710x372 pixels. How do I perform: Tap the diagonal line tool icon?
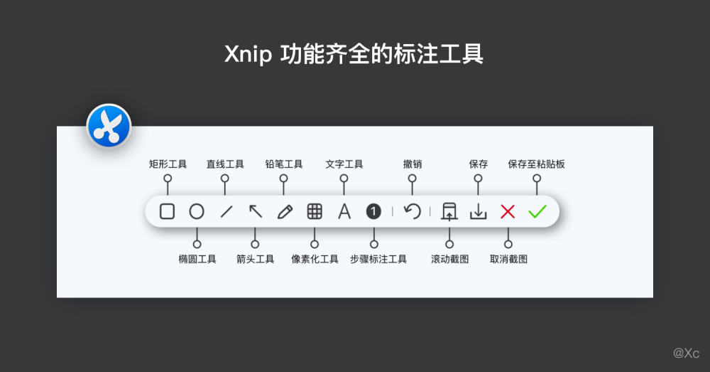[226, 211]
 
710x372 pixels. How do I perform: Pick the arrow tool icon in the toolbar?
[256, 211]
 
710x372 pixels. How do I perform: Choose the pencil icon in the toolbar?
[285, 211]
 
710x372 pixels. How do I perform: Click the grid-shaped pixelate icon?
[315, 211]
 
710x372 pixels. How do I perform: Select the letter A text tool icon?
[344, 211]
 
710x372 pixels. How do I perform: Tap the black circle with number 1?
[373, 211]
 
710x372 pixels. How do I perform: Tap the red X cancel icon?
[508, 211]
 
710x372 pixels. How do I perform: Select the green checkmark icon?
[537, 211]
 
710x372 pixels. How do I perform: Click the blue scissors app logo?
[109, 126]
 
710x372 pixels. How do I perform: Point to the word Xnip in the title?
[248, 55]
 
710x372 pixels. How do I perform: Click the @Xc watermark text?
[686, 353]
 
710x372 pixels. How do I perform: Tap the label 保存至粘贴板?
[536, 164]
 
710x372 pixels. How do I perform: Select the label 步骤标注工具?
[378, 259]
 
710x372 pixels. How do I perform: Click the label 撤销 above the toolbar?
[413, 164]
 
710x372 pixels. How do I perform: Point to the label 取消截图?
[508, 259]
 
